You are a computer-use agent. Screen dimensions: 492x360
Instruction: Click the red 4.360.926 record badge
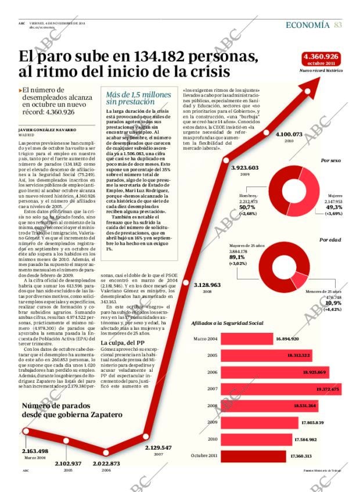[321, 59]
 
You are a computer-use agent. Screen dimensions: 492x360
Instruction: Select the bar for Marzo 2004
[252, 338]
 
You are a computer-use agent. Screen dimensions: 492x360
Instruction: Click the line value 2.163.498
[35, 451]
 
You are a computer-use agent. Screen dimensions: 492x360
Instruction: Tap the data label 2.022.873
[103, 464]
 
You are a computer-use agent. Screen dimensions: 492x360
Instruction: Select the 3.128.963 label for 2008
[207, 285]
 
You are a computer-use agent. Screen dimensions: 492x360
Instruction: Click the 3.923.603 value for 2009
[244, 167]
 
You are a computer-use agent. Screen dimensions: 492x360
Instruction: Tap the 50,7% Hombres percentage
[247, 207]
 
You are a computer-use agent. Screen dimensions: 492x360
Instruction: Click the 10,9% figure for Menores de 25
[333, 303]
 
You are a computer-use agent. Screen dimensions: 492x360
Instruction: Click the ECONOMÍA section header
[308, 24]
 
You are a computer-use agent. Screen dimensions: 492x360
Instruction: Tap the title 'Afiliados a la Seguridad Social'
[228, 323]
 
